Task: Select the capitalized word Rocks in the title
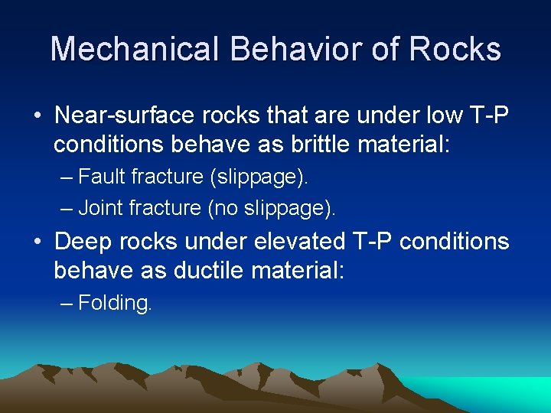click(x=455, y=49)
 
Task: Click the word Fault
click(x=102, y=177)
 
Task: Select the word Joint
click(x=102, y=206)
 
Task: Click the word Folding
click(x=115, y=303)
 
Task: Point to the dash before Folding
click(x=67, y=304)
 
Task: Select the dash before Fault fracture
click(x=67, y=178)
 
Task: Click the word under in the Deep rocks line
click(x=199, y=242)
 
